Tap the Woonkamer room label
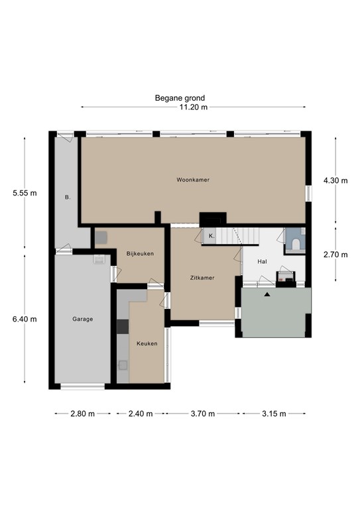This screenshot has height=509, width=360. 193,180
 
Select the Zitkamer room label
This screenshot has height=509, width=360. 202,278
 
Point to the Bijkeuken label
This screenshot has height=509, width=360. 140,253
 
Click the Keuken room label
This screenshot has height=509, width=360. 147,344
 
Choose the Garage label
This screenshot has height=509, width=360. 83,319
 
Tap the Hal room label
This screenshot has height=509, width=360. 262,261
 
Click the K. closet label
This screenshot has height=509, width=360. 211,236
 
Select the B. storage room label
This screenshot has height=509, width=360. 67,198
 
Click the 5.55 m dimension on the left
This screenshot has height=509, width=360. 25,194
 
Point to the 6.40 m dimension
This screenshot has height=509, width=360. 25,319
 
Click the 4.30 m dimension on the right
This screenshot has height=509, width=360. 335,180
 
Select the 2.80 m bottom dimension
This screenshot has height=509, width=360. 82,414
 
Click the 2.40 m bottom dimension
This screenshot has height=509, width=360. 140,414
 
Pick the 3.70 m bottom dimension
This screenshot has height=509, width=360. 202,414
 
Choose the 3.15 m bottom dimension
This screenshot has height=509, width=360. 274,414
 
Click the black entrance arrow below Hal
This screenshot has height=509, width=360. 267,294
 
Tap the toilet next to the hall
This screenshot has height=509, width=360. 296,245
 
